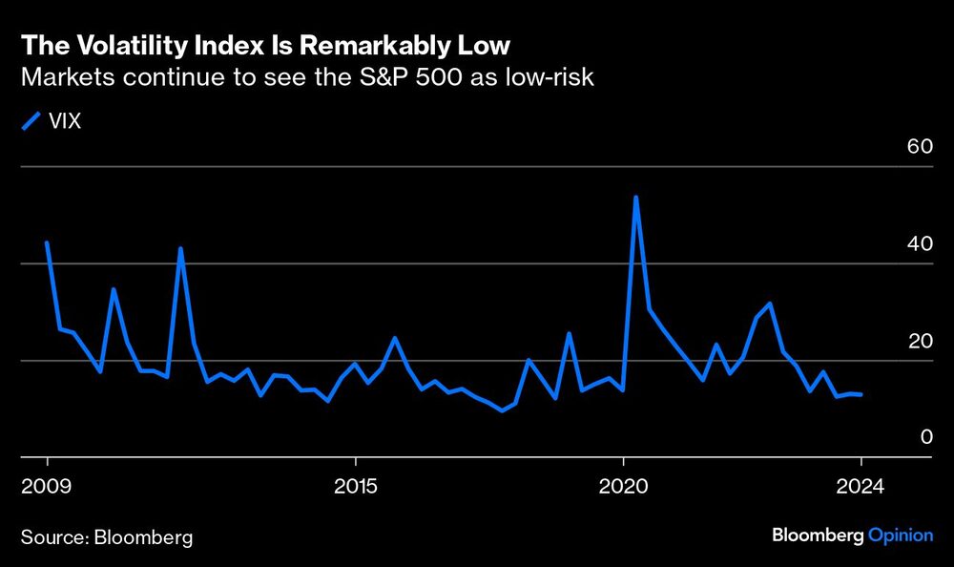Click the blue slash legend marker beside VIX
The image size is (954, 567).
click(31, 120)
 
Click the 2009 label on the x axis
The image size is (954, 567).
click(48, 485)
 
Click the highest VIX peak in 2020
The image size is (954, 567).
click(635, 198)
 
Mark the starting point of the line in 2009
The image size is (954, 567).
click(47, 242)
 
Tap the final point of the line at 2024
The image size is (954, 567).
click(861, 394)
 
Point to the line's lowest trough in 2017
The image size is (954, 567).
click(502, 410)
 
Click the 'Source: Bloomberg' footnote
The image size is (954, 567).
click(107, 537)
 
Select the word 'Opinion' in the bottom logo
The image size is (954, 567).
click(901, 535)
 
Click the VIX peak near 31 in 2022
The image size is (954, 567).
click(769, 304)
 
